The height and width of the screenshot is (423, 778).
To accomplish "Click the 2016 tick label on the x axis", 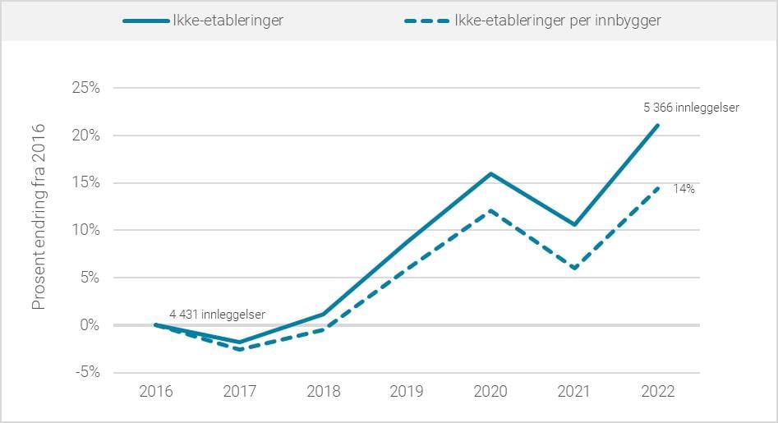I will (x=156, y=391).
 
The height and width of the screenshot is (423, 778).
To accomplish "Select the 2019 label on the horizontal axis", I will (x=407, y=391).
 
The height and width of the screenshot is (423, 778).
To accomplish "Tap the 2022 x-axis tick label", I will (x=658, y=391).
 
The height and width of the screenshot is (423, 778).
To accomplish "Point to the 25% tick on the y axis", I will (x=84, y=88).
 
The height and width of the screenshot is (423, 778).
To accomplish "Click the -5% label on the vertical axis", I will (x=85, y=372).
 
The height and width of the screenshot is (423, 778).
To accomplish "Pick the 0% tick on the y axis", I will (x=88, y=325).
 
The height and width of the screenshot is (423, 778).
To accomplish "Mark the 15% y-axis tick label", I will (x=84, y=182).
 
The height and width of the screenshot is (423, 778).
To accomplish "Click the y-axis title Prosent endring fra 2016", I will (x=39, y=217).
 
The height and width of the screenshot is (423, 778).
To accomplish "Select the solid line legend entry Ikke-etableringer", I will (x=204, y=21).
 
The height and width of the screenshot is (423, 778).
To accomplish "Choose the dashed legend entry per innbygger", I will (x=535, y=21).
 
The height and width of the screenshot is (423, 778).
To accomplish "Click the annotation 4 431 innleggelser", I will (x=218, y=314).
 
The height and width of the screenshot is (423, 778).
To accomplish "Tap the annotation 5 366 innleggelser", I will (x=692, y=108).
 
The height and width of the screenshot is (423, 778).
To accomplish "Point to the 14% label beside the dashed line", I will (x=684, y=189).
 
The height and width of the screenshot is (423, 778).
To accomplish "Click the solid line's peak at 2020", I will (x=491, y=173).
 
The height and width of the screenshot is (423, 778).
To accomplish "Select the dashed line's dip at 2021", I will (x=575, y=269).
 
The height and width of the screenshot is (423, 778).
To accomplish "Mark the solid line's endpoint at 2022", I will (x=658, y=125).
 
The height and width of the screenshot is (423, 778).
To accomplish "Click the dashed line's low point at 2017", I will (x=240, y=350).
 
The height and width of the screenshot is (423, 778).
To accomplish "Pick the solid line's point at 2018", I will (x=324, y=314).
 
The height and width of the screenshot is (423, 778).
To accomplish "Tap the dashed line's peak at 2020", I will (x=491, y=210).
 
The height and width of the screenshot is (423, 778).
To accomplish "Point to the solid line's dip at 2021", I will (x=575, y=225).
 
